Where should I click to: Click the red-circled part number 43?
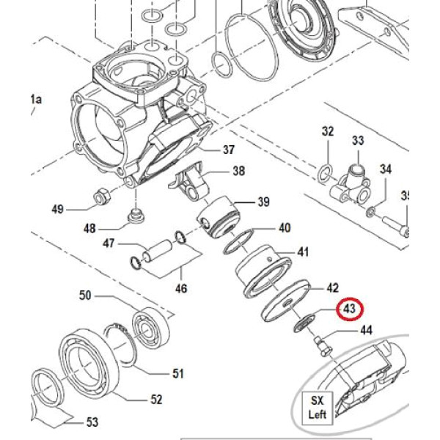349,309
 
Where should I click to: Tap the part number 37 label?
228,150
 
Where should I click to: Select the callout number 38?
238,172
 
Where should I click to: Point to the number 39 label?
263,202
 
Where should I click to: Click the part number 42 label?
332,287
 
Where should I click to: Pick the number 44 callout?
364,331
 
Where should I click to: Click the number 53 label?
92,422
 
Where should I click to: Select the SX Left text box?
317,408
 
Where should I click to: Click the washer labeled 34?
371,212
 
